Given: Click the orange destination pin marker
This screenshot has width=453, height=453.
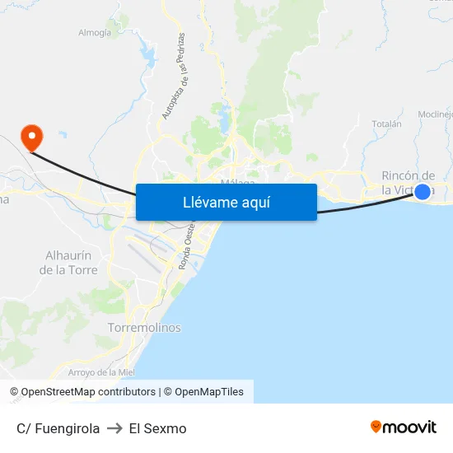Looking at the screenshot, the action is coord(31,136).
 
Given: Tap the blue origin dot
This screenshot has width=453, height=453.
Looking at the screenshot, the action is coord(423,192).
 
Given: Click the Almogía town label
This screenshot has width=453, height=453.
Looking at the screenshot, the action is coord(94,33).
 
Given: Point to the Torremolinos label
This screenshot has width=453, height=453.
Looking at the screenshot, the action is coord(144,328).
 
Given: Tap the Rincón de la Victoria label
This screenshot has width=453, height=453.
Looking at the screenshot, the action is coord(409,182).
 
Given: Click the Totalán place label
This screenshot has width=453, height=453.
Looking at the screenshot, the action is coord(386,124).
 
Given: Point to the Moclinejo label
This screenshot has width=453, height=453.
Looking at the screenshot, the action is coord(436,114).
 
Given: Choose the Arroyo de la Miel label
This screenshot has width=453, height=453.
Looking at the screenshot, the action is coord(100,372).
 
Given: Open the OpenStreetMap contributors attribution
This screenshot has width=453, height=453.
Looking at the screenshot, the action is coord(89,392).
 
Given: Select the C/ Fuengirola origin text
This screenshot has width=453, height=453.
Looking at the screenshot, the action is coord(58,428).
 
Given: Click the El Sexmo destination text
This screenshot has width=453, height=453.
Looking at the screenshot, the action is coord(158,428).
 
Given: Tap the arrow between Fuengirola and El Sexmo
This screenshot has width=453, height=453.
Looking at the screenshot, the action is coord(114,428).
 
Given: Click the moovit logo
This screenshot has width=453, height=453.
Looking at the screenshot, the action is coord(404,427).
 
